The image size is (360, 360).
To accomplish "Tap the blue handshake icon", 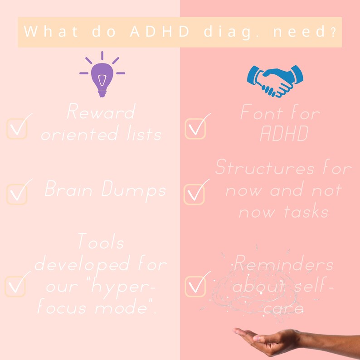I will pos(275,80).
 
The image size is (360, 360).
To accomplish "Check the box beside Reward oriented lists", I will pos(17,129).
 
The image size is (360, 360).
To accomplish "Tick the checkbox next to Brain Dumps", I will pos(17,194).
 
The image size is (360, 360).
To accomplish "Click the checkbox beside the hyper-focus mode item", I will pos(15,286).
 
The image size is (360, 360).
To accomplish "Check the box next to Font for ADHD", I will pos(195,129).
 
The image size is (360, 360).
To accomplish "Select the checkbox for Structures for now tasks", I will pos(194,194).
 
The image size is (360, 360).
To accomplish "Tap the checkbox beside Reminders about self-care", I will pos(195,286).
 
